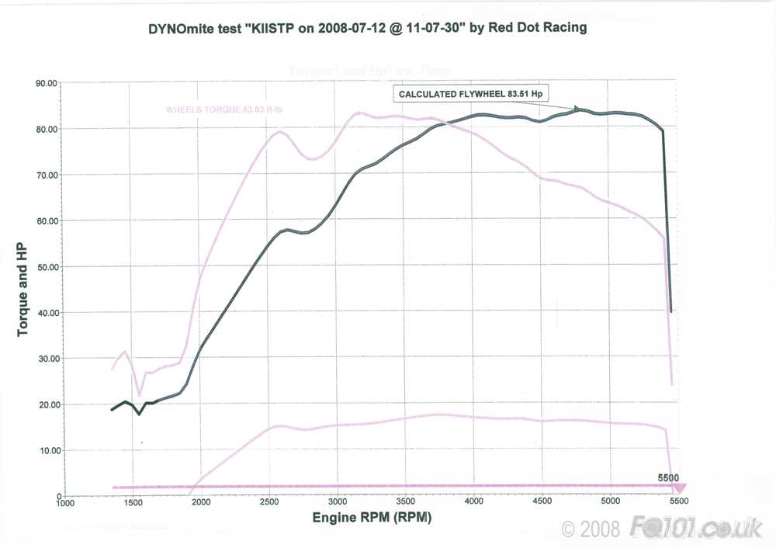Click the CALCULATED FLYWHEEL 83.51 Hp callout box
pyautogui.click(x=469, y=94)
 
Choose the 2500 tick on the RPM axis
pyautogui.click(x=268, y=502)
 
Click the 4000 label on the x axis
pyautogui.click(x=473, y=502)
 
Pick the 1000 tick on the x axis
pyautogui.click(x=65, y=502)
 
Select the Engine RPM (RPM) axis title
pyautogui.click(x=372, y=517)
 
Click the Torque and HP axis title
pyautogui.click(x=23, y=290)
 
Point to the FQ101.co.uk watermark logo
pyautogui.click(x=698, y=529)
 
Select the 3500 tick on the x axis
pyautogui.click(x=405, y=502)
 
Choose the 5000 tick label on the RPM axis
pyautogui.click(x=610, y=502)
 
